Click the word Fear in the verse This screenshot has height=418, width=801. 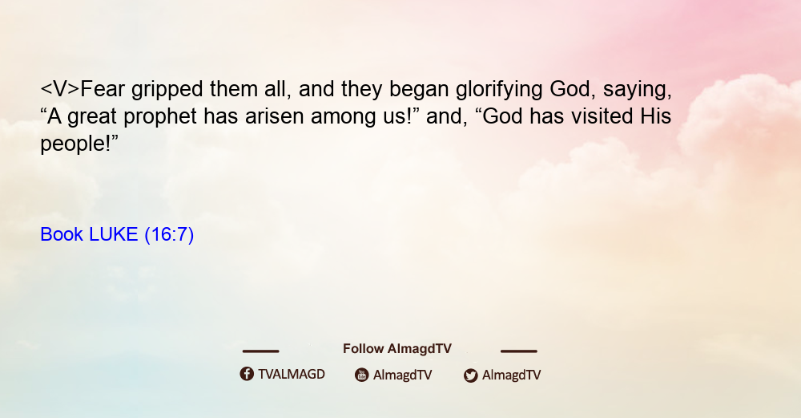103,89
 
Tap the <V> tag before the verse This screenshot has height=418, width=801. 60,89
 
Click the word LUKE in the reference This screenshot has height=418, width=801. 114,234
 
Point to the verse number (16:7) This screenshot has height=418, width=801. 169,235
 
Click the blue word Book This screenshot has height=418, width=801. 62,234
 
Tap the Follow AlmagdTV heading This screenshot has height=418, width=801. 397,349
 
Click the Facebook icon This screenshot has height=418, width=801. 247,374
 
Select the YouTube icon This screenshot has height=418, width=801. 362,375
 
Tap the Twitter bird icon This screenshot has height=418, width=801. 470,375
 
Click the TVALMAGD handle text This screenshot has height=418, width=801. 292,375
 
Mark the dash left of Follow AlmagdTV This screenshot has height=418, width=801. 260,351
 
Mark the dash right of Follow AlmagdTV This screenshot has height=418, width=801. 518,351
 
